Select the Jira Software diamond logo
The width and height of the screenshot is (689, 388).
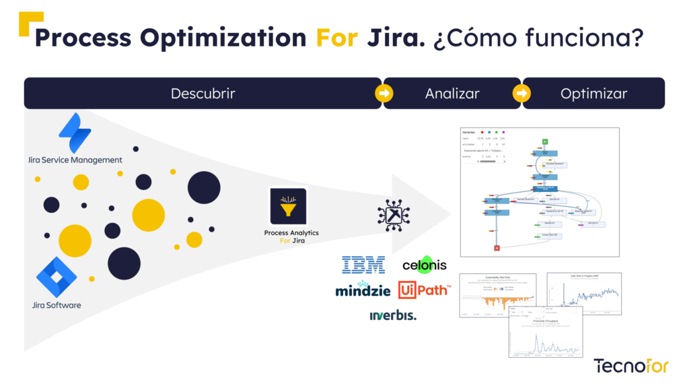tap(57, 277)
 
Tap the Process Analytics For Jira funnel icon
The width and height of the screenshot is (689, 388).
tap(288, 205)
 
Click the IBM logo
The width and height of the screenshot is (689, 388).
tap(363, 264)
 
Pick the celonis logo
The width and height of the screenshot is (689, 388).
tap(424, 264)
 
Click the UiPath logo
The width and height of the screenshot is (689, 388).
tap(424, 290)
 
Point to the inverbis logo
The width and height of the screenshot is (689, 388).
tap(393, 315)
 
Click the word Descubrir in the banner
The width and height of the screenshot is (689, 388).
tap(203, 94)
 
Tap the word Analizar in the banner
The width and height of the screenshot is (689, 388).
tap(452, 94)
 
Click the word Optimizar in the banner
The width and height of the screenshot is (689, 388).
tap(593, 94)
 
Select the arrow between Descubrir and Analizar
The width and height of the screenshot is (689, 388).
tap(384, 94)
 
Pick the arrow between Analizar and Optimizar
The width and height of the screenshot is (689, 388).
tap(521, 94)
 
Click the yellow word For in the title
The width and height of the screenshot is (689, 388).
tap(337, 38)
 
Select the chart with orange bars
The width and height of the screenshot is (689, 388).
tap(498, 295)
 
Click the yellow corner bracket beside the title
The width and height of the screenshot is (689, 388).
tap(28, 23)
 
